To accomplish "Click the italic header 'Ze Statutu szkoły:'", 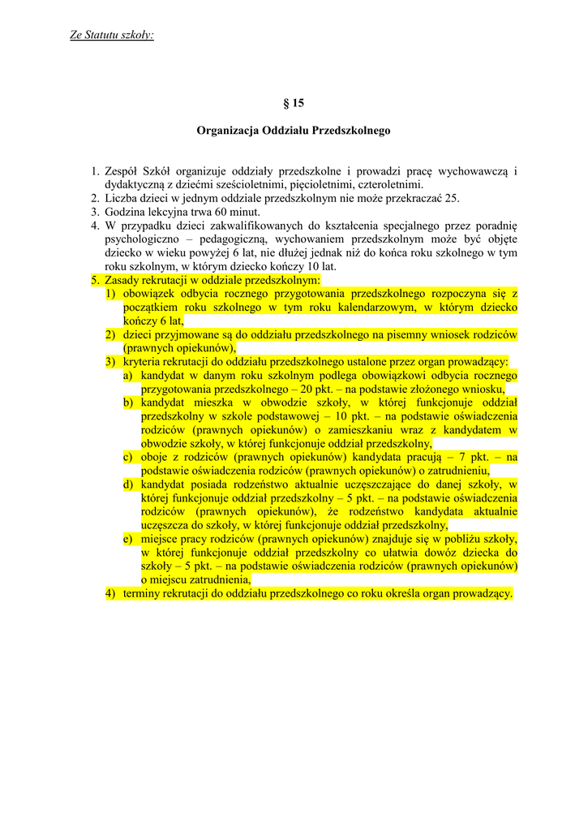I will pos(112,35).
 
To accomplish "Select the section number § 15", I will pos(294,103).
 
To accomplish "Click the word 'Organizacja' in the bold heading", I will pos(226,130).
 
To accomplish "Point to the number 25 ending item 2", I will pos(453,198).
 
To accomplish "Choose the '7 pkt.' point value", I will pos(472,457).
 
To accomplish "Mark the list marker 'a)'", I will pos(129,376).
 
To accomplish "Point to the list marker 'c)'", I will pos(128,457).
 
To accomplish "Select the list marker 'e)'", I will pos(128,539).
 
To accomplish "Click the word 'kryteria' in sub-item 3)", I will pos(143,362).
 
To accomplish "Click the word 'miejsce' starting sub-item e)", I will pos(160,539).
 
